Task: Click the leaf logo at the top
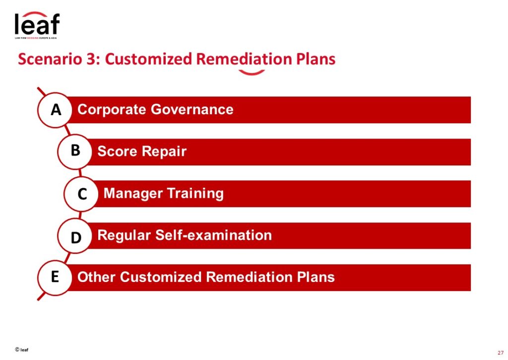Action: point(37,25)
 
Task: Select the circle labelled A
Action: point(55,110)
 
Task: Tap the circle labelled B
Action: point(75,151)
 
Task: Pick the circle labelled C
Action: point(81,194)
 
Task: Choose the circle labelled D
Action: point(75,236)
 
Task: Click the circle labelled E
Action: point(55,278)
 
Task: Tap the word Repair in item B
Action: point(164,152)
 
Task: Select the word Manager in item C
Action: point(133,194)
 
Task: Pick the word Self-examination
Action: point(213,235)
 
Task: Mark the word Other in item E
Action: point(97,277)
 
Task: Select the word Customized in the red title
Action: point(149,59)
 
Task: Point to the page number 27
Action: point(501,353)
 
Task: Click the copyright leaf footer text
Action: point(21,350)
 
